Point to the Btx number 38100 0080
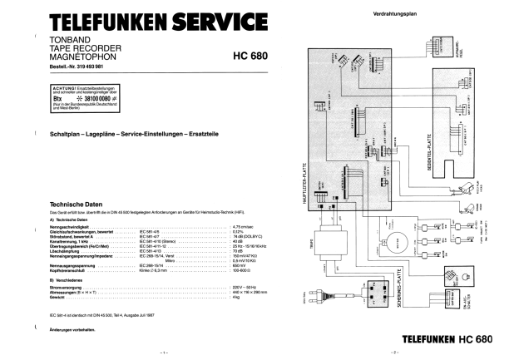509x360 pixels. pos(104,97)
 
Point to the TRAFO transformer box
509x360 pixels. pos(334,244)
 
